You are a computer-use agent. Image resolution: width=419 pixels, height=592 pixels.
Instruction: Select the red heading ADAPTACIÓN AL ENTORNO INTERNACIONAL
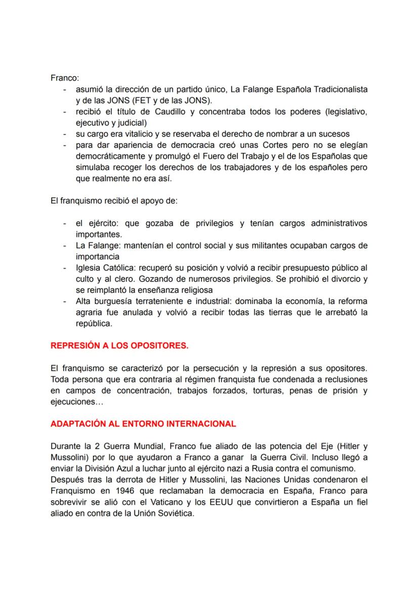(143, 424)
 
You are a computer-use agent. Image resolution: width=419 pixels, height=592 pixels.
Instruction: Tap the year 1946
(125, 490)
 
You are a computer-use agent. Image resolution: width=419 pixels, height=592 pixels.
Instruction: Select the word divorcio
(344, 279)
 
